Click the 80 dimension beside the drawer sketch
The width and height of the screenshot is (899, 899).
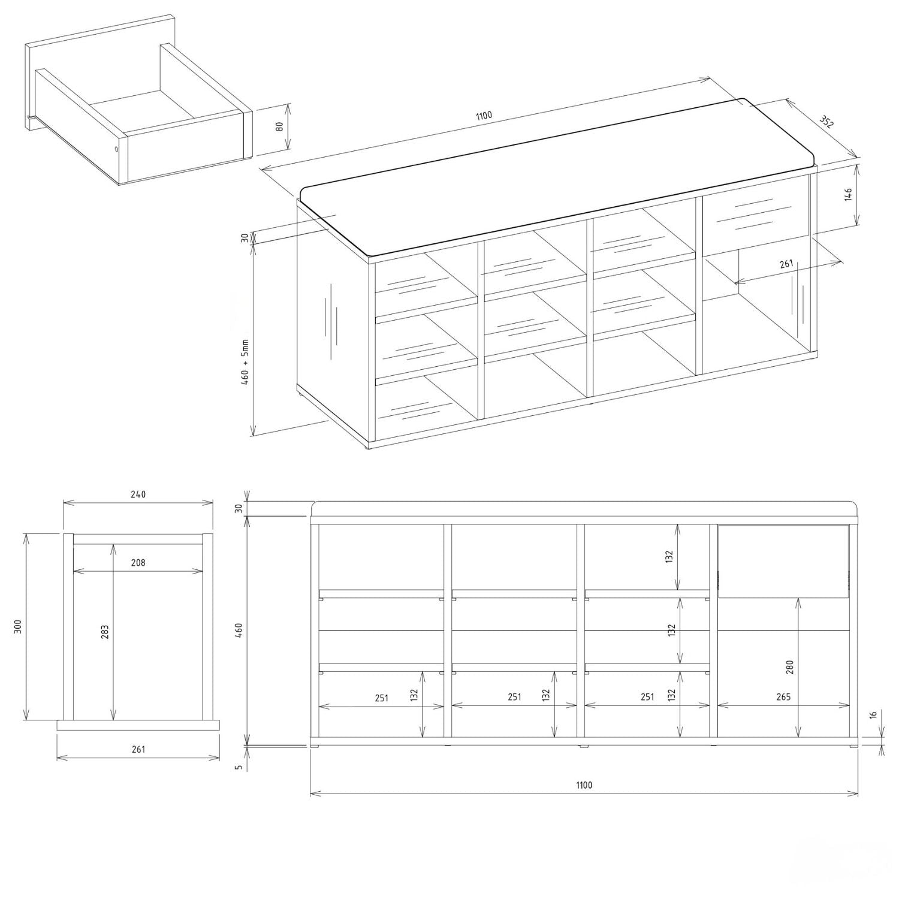pyautogui.click(x=279, y=127)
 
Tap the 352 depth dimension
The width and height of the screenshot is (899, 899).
pyautogui.click(x=826, y=122)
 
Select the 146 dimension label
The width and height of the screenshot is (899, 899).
pyautogui.click(x=848, y=195)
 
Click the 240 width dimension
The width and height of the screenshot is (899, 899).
pyautogui.click(x=138, y=494)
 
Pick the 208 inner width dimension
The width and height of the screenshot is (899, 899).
pyautogui.click(x=138, y=563)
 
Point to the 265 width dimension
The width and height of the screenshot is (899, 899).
pyautogui.click(x=783, y=697)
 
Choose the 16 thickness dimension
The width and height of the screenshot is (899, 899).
pyautogui.click(x=873, y=715)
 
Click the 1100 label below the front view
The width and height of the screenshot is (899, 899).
pyautogui.click(x=584, y=785)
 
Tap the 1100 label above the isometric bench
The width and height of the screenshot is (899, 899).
pyautogui.click(x=484, y=116)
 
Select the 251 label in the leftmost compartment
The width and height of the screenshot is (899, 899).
pyautogui.click(x=381, y=698)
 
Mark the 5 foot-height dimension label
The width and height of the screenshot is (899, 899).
pyautogui.click(x=239, y=767)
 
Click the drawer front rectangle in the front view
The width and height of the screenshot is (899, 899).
pyautogui.click(x=783, y=561)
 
